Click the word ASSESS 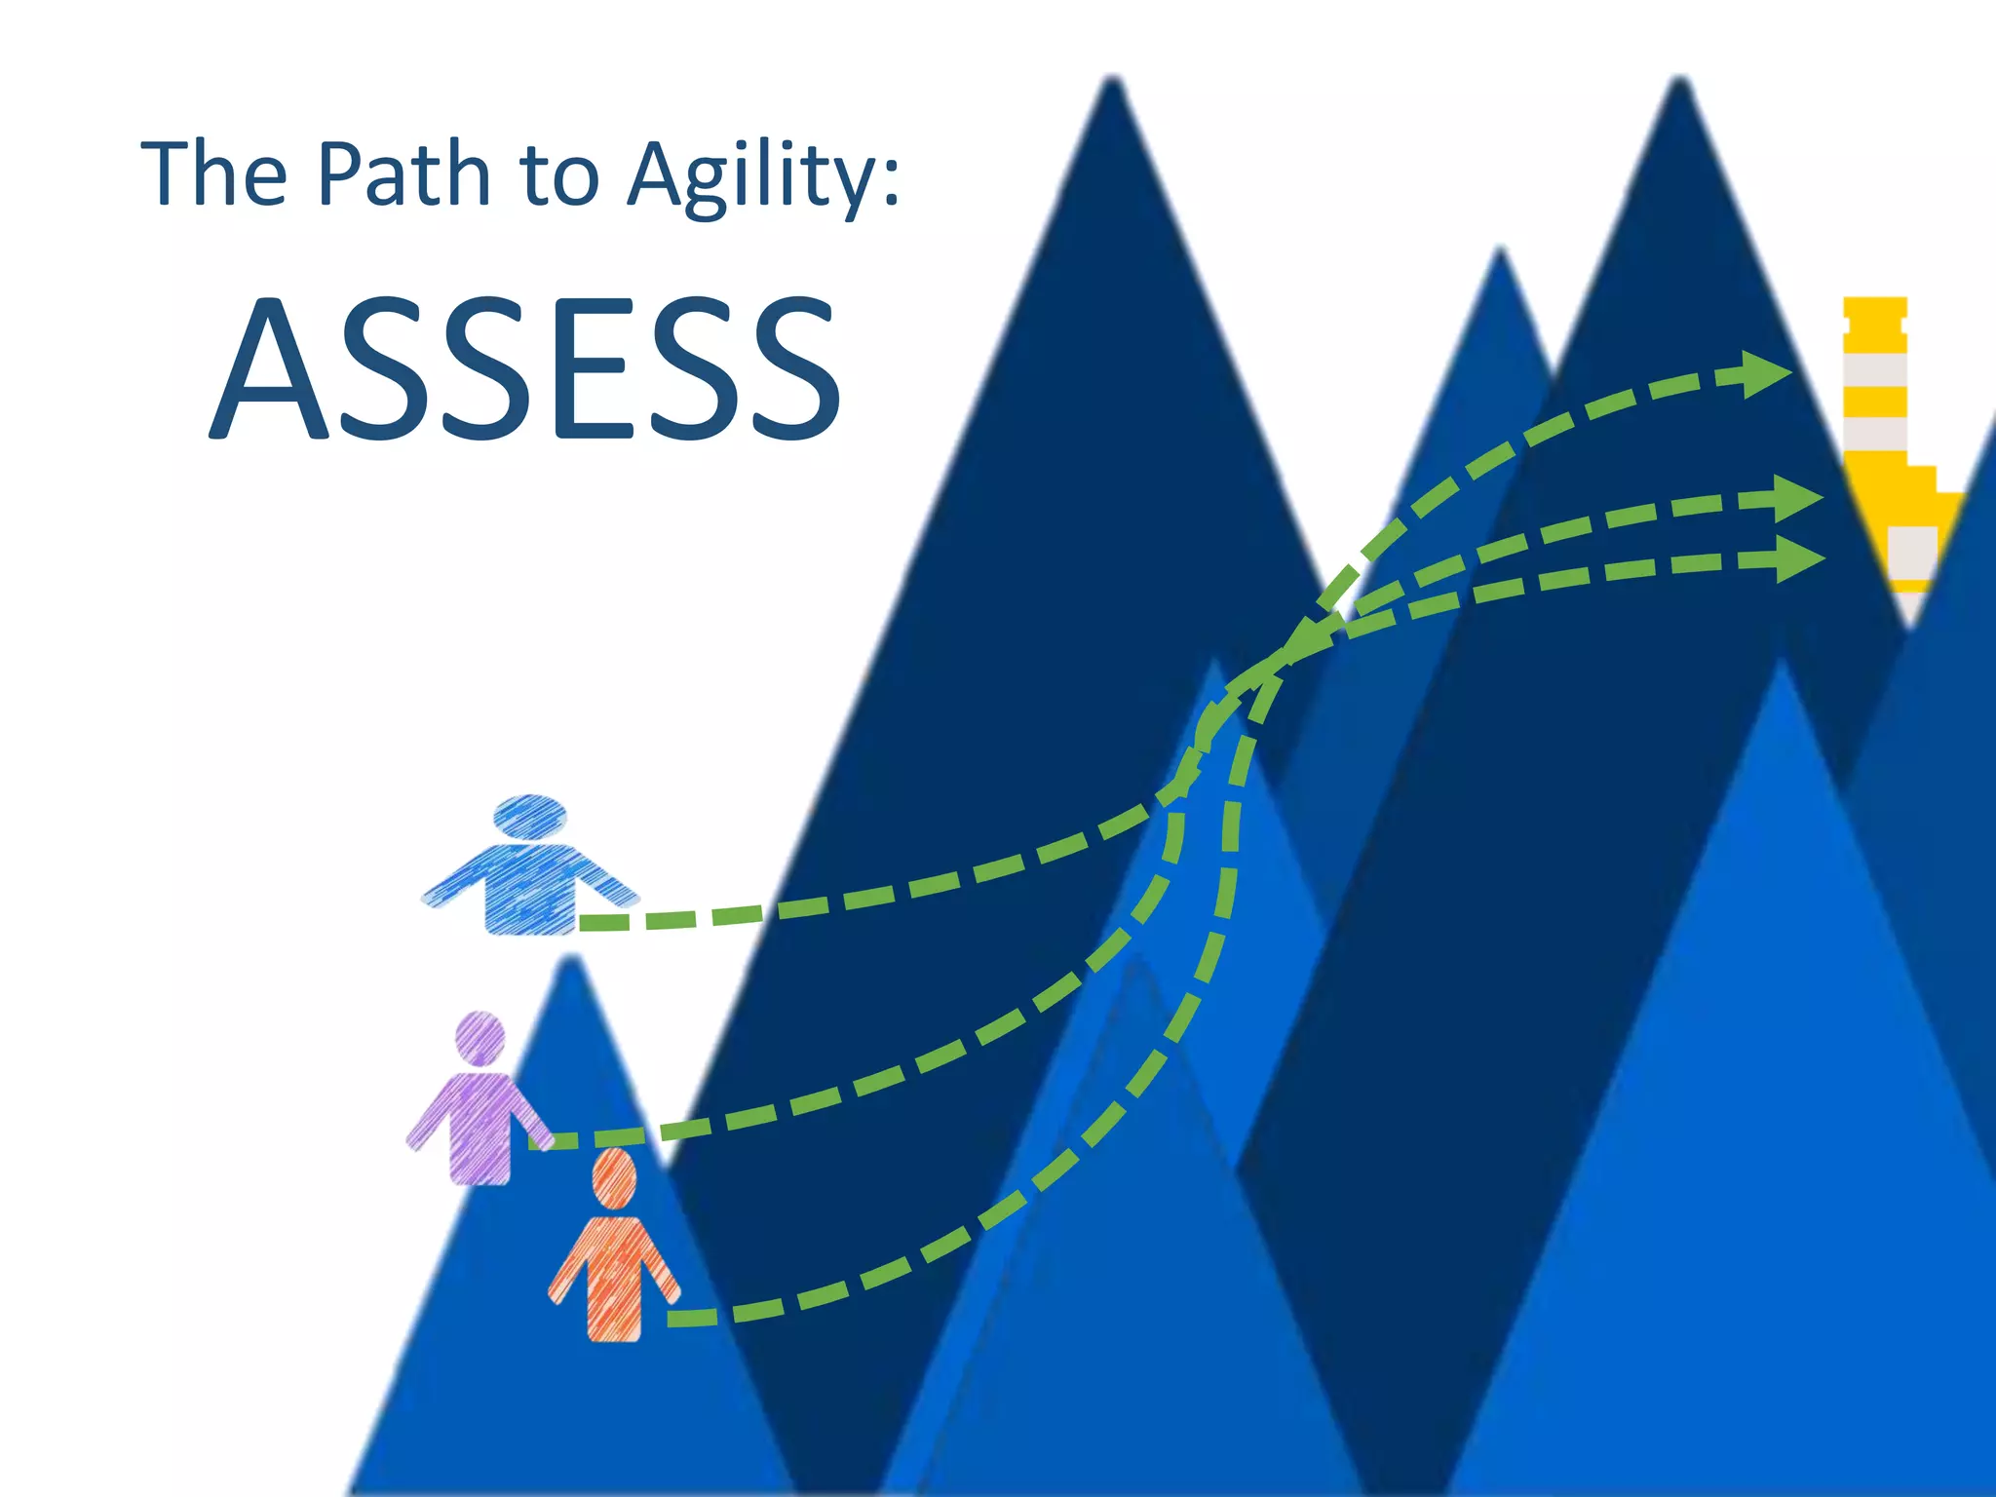tap(526, 367)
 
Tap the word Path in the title tap(403, 174)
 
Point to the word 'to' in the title tap(558, 176)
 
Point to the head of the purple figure tap(480, 1035)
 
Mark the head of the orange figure tap(614, 1175)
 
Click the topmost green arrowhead tap(1764, 373)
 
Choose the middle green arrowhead tap(1796, 499)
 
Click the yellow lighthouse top tap(1875, 322)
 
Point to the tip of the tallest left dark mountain tap(1111, 83)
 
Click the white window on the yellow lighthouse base tap(1911, 551)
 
